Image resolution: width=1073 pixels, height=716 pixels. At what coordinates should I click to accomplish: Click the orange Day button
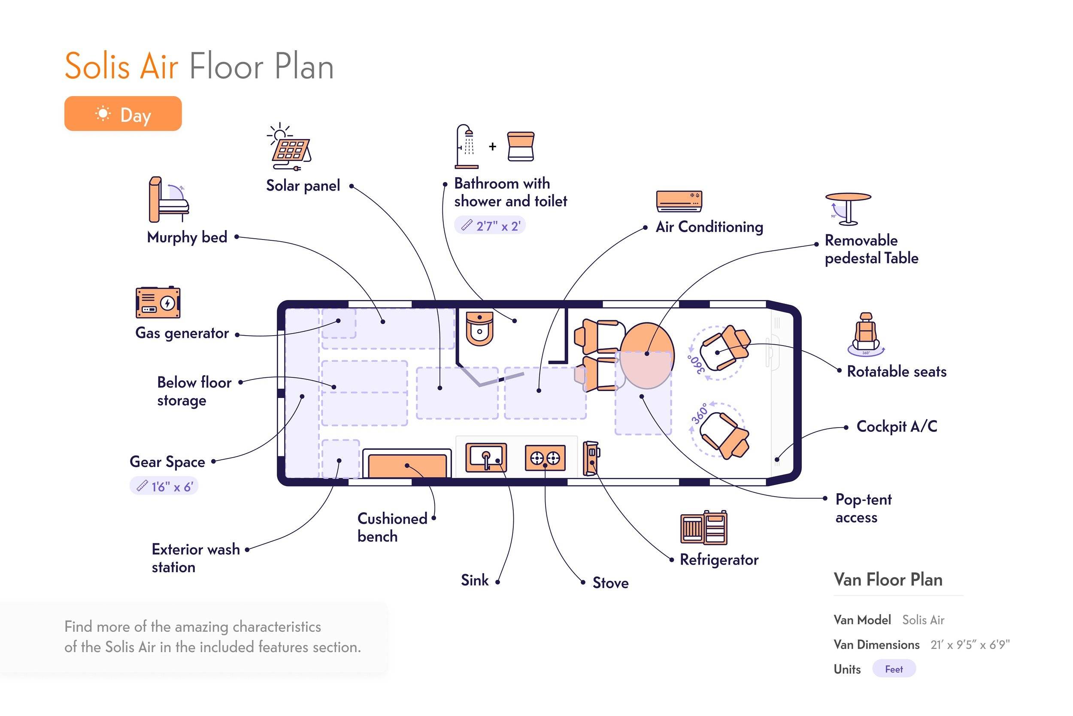(123, 114)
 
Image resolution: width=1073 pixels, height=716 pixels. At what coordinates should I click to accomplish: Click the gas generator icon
(158, 302)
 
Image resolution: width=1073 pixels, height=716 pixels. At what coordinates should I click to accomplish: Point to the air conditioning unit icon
(679, 201)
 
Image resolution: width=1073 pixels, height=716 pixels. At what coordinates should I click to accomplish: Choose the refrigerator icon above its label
(703, 528)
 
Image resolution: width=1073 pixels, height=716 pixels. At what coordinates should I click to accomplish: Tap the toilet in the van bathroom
(479, 328)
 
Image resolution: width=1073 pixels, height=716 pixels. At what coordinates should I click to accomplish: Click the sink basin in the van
(486, 458)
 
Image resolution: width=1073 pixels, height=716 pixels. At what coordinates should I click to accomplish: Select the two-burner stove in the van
(545, 458)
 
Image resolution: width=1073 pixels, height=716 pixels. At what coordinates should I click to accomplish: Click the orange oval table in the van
(646, 355)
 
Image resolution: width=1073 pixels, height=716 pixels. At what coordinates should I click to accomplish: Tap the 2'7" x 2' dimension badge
(490, 226)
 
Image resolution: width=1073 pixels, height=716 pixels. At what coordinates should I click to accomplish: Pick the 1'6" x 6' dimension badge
(164, 486)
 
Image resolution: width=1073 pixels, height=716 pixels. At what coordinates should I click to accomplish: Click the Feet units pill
(894, 669)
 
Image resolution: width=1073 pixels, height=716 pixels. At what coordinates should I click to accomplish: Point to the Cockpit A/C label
(897, 427)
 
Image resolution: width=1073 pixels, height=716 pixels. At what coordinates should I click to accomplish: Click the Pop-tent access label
(864, 508)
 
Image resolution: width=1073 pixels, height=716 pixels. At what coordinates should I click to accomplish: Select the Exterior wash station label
(195, 558)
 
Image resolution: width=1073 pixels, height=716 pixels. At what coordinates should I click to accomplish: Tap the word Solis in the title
(97, 67)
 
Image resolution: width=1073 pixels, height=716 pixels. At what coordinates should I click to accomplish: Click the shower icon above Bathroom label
(466, 146)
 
